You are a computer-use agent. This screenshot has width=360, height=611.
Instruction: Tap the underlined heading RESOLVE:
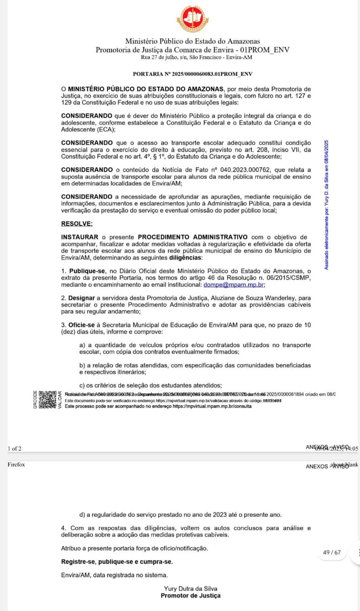pos(77,223)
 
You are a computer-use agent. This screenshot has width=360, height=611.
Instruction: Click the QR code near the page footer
pos(47,400)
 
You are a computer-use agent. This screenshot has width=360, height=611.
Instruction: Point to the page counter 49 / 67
pos(332,552)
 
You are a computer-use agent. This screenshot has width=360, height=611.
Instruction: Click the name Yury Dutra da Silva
pos(191,589)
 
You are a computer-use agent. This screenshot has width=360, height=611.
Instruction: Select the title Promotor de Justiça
pos(191,595)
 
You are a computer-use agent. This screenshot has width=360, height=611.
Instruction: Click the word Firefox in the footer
pos(16,464)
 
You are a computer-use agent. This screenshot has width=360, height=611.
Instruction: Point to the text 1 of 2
pos(15,448)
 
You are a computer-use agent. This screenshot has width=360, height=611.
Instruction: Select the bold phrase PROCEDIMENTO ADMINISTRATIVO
pos(192,237)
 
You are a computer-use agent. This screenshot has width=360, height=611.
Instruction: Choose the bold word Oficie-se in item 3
pos(83,325)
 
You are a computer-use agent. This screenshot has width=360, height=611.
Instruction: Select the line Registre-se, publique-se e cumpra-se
pos(117,561)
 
